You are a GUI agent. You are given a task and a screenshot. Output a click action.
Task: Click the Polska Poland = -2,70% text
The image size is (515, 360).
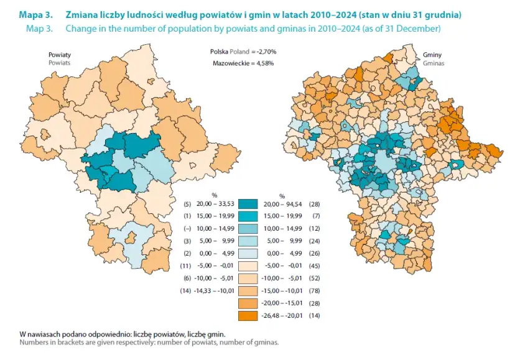(243, 51)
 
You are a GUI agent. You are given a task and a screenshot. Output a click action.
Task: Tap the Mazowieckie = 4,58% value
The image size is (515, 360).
(244, 63)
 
